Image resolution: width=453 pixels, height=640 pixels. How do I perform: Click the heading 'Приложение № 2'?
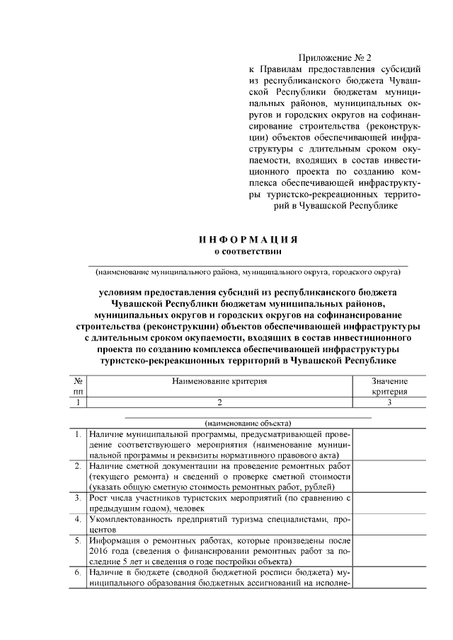coord(335,57)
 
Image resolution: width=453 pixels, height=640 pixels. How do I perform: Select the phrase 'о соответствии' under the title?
coord(247,250)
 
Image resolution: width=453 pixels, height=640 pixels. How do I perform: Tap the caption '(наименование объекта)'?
coord(247,422)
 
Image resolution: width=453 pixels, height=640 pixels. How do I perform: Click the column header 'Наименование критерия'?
coord(219,381)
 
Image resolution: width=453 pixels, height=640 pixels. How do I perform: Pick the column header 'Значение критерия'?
coord(389,386)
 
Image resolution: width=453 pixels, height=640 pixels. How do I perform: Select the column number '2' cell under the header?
coord(219,402)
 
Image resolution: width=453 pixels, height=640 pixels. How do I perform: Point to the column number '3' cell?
coord(389,402)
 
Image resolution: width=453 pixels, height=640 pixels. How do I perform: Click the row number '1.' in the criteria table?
coord(77,433)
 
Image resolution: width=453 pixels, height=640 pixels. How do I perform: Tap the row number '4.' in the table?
coord(77,519)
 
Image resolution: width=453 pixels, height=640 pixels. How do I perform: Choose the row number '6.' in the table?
coord(77,571)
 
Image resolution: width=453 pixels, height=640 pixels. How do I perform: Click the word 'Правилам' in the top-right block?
coord(285,70)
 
